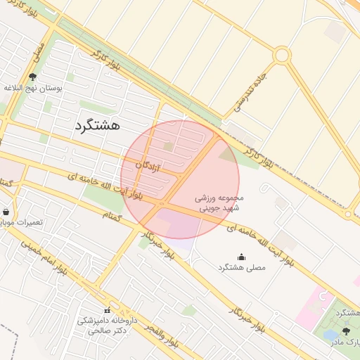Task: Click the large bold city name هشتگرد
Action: (x=97, y=125)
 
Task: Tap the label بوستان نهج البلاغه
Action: (x=34, y=88)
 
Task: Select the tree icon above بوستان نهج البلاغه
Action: (x=32, y=77)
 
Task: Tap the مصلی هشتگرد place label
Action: (x=241, y=268)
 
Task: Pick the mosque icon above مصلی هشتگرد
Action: (x=242, y=257)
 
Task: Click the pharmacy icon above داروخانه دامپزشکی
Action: (x=107, y=310)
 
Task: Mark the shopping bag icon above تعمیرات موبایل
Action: (x=6, y=212)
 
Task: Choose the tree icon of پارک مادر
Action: (x=345, y=330)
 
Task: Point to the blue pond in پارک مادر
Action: (x=330, y=335)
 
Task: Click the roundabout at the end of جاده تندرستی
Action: (x=282, y=55)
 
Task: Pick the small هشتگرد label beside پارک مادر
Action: (x=347, y=312)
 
